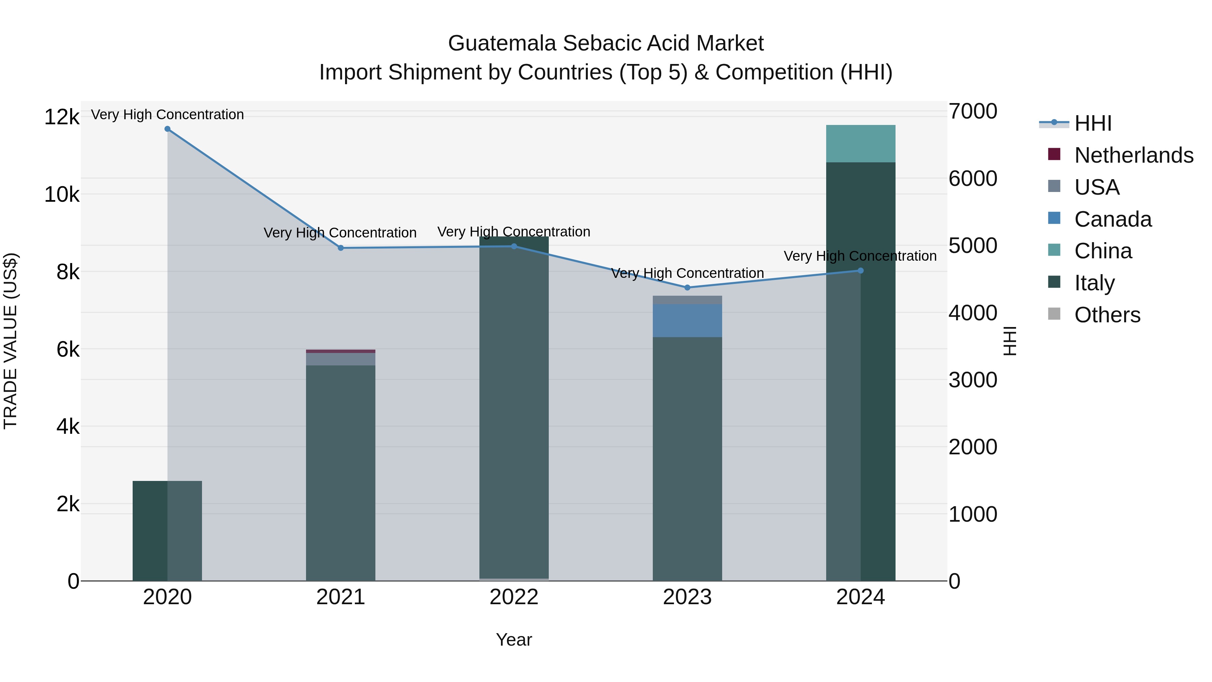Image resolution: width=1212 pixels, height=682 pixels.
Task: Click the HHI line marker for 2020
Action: [x=168, y=129]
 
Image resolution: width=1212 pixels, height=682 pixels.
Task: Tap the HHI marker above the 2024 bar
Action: [x=861, y=271]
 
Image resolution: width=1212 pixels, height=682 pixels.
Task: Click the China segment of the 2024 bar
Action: [x=861, y=143]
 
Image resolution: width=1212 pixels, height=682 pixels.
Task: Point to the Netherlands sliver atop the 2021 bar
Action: [x=341, y=351]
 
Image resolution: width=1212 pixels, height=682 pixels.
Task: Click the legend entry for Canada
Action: [x=1113, y=219]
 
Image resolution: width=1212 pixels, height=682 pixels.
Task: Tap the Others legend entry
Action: [x=1107, y=315]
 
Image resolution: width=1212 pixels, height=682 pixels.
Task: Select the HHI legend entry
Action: [x=1092, y=123]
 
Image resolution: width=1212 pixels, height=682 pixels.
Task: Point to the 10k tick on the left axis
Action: [x=62, y=194]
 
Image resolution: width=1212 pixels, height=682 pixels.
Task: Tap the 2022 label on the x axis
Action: [x=514, y=597]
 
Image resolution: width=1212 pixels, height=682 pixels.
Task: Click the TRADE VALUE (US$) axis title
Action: [x=10, y=341]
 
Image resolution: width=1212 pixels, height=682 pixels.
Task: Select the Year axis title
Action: [x=514, y=640]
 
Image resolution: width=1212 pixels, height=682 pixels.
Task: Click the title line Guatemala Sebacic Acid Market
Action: [x=606, y=43]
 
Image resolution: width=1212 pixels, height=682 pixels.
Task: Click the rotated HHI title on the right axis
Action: [x=1010, y=341]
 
